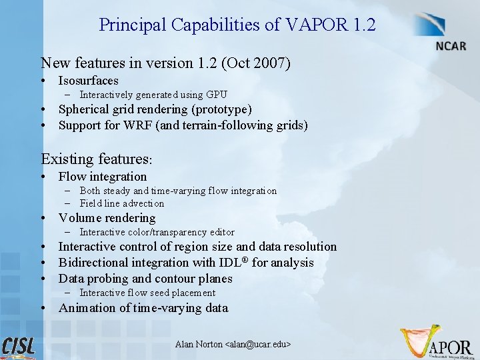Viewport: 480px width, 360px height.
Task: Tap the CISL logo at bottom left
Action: point(19,347)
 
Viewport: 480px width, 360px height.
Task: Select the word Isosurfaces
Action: point(89,81)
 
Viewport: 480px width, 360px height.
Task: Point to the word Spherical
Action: point(84,109)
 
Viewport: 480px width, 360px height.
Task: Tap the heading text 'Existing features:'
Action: point(97,159)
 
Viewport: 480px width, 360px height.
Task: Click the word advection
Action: point(143,203)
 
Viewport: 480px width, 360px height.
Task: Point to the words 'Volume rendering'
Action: point(107,218)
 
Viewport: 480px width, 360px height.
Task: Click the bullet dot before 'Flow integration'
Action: point(43,177)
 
